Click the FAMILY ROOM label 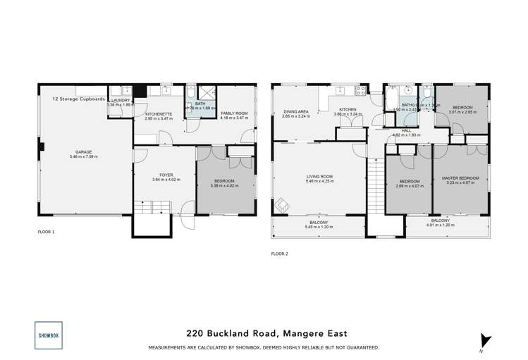(234, 113)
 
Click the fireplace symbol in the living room (282, 203)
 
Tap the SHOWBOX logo (47, 335)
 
